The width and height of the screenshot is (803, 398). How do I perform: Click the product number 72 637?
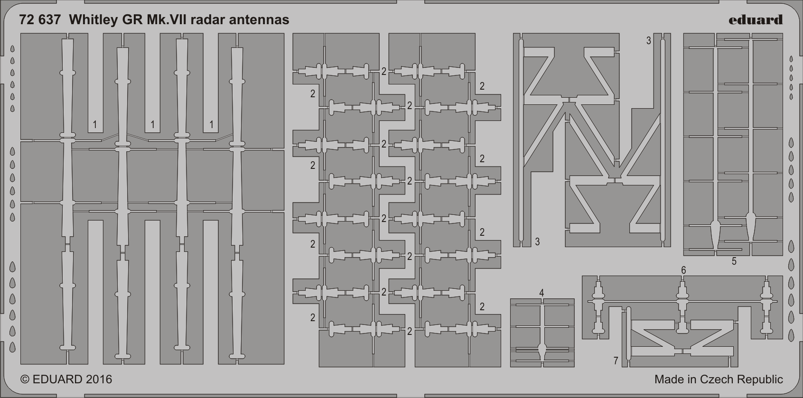click(40, 20)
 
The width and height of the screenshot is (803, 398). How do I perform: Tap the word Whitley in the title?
click(93, 20)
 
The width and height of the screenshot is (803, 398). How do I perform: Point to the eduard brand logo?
click(756, 20)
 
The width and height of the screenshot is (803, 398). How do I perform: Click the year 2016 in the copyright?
click(99, 379)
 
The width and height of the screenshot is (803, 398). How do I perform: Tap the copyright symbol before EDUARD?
click(25, 379)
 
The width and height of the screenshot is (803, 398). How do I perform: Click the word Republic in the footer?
click(760, 379)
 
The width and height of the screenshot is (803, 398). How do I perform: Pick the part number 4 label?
click(542, 293)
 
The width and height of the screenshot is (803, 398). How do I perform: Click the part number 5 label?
click(734, 261)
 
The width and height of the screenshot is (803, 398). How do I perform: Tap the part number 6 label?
click(683, 270)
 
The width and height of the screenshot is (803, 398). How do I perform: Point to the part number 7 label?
click(616, 361)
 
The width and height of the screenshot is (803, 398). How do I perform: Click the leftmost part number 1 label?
click(94, 125)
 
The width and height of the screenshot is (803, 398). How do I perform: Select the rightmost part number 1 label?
click(212, 125)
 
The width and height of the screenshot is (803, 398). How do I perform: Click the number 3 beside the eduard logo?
click(648, 41)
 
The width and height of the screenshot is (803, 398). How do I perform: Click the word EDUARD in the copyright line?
click(57, 379)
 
